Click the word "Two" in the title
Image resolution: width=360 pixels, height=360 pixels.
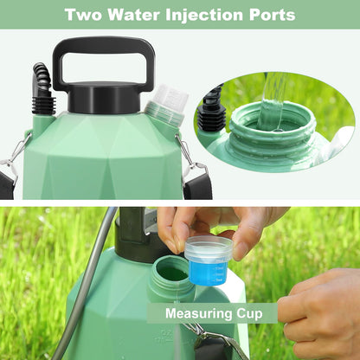82,15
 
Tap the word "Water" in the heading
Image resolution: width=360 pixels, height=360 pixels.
135,15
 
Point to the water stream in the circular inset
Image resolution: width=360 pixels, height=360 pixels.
275,91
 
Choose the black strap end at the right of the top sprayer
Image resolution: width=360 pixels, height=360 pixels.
198,182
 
